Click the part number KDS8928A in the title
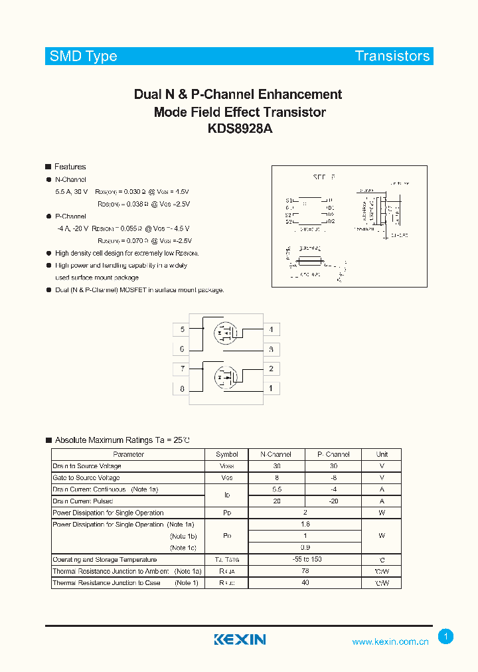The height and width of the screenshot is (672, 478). pyautogui.click(x=240, y=130)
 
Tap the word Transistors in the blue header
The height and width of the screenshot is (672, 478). pyautogui.click(x=392, y=56)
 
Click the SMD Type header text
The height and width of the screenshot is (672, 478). pyautogui.click(x=84, y=56)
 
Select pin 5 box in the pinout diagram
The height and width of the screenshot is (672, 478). pyautogui.click(x=181, y=329)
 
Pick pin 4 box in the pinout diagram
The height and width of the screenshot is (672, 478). pyautogui.click(x=271, y=329)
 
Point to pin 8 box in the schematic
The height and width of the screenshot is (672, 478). pyautogui.click(x=181, y=388)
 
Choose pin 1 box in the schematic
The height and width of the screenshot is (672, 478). pyautogui.click(x=271, y=388)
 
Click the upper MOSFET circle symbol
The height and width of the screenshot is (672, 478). pyautogui.click(x=225, y=332)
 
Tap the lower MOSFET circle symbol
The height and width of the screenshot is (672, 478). pyautogui.click(x=225, y=378)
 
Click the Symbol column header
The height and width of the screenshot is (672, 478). pyautogui.click(x=226, y=455)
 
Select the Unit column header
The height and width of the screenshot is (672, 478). pyautogui.click(x=382, y=455)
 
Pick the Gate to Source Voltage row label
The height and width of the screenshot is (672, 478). pyautogui.click(x=86, y=477)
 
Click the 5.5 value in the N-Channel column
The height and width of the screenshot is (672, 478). pyautogui.click(x=276, y=489)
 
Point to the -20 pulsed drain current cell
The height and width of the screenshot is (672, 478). pyautogui.click(x=333, y=501)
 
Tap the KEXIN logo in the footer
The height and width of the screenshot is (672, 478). pyautogui.click(x=240, y=639)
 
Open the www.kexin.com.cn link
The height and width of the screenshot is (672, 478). pyautogui.click(x=390, y=641)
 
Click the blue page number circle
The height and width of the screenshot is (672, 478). pyautogui.click(x=446, y=637)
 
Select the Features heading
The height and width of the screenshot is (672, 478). pyautogui.click(x=70, y=167)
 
